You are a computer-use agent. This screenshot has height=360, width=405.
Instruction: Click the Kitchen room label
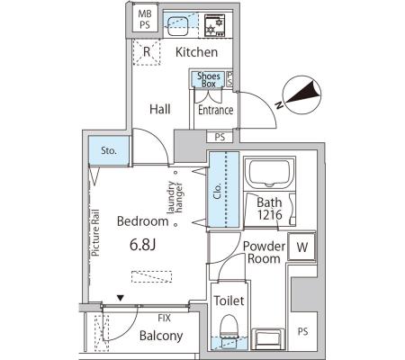tap(196, 52)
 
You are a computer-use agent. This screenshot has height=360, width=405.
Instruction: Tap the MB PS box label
tap(145, 19)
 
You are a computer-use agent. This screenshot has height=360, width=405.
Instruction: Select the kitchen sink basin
tap(177, 26)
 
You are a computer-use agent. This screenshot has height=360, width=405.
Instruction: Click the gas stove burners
tap(214, 25)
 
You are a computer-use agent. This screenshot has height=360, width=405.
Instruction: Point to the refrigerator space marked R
tap(147, 52)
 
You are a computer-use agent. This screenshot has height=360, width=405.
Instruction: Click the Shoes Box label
tap(209, 80)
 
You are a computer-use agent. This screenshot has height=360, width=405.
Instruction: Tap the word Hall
tap(160, 109)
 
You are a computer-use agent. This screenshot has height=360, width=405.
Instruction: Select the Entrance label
tap(216, 110)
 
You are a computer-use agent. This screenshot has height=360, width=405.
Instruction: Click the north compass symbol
tap(301, 95)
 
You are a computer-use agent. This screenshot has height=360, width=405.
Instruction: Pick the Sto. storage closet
tap(109, 150)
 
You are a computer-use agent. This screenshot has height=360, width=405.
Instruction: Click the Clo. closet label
tap(217, 190)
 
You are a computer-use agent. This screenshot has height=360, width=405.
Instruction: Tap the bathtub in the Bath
tap(269, 173)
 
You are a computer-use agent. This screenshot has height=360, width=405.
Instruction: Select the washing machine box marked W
tap(301, 247)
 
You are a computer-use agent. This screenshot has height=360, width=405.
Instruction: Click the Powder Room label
tap(264, 252)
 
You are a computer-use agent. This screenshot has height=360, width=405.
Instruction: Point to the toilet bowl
tap(229, 326)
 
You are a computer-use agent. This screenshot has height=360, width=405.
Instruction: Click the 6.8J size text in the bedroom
tap(142, 245)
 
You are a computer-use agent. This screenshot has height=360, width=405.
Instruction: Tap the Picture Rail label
tap(95, 233)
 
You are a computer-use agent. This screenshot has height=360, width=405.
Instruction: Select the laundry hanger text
tap(175, 197)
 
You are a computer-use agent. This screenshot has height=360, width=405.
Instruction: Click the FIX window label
tap(164, 318)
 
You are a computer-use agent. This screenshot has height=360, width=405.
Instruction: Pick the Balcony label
tap(161, 336)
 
